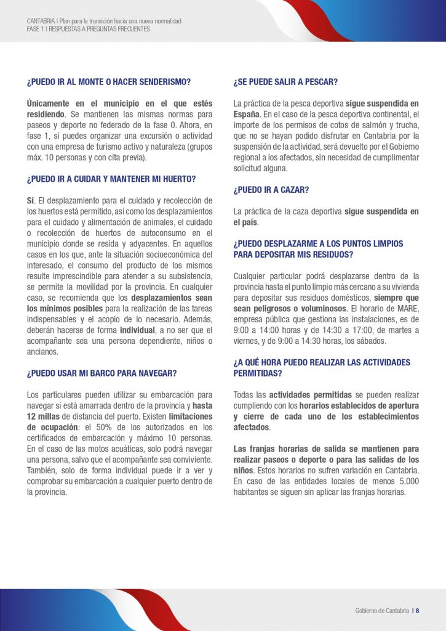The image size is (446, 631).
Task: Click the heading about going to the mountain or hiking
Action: click(109, 81)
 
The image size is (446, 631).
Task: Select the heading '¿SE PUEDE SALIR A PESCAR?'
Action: click(285, 81)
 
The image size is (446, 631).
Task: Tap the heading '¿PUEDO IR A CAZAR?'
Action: click(271, 189)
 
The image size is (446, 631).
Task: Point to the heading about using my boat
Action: click(102, 373)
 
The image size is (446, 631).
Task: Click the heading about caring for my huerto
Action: click(111, 179)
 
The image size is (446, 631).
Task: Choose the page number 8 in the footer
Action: click(417, 611)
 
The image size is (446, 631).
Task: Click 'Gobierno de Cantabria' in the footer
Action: click(381, 611)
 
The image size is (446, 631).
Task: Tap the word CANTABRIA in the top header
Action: click(41, 21)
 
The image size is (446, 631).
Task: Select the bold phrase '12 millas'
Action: click(44, 416)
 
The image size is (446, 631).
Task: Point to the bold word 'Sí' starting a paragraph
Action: click(31, 201)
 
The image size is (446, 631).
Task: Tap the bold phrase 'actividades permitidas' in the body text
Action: click(302, 394)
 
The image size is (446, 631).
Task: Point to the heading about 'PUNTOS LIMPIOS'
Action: click(318, 248)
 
